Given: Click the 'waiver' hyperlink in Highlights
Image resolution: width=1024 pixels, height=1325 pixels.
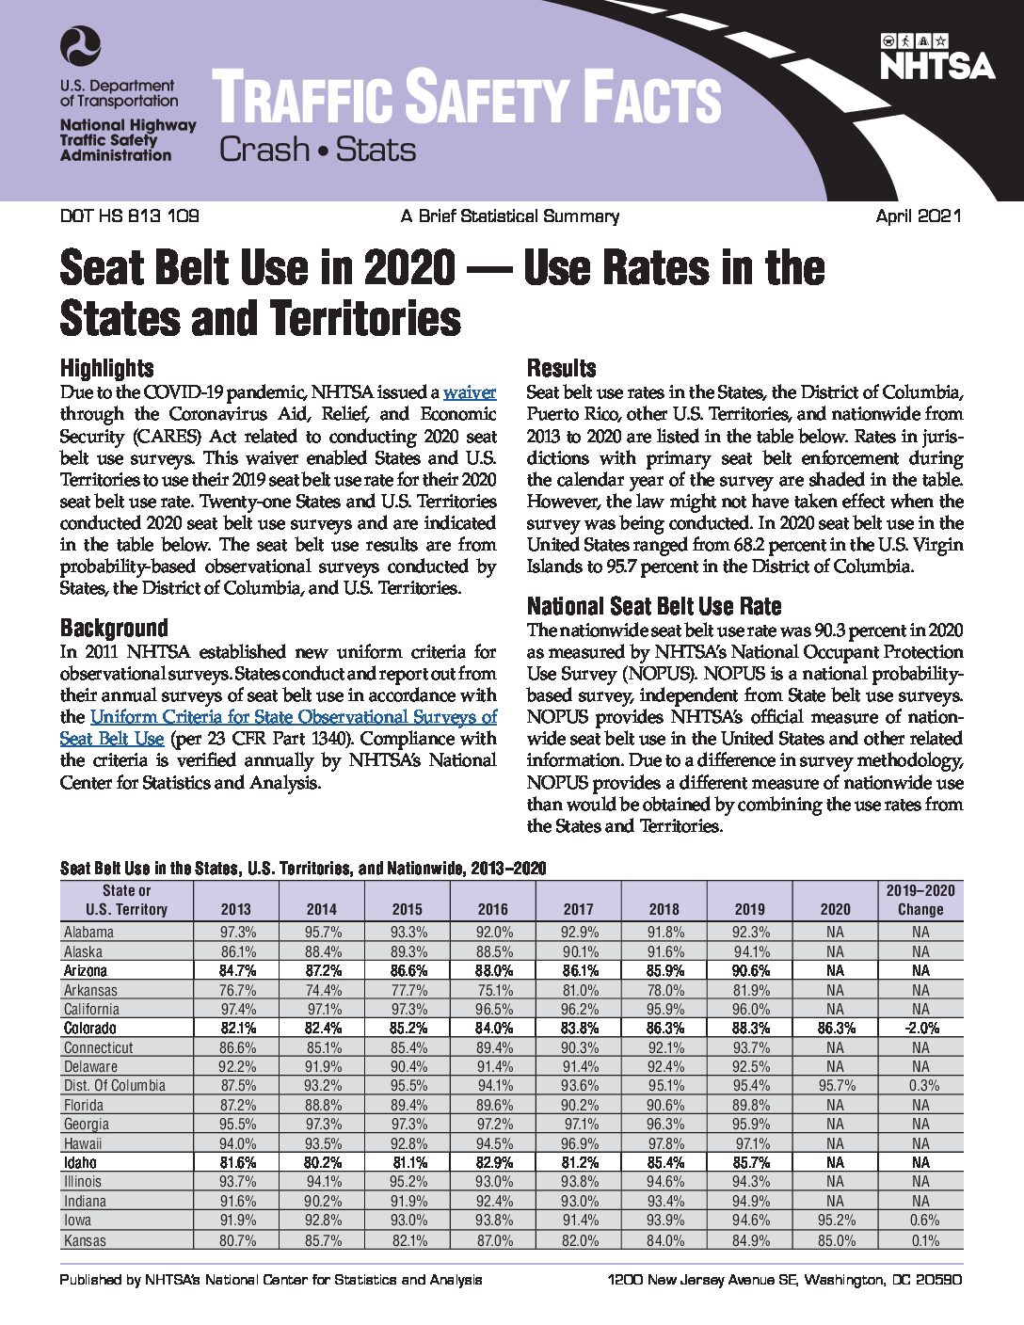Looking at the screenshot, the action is [x=470, y=392].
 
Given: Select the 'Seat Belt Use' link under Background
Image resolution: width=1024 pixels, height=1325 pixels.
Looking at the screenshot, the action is [x=112, y=739].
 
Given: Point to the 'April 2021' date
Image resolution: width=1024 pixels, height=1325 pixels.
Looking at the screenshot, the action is [x=919, y=216].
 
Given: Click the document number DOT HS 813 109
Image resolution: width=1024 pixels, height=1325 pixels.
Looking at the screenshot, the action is [x=129, y=216].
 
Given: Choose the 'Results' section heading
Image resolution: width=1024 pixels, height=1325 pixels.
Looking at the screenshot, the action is [x=561, y=368].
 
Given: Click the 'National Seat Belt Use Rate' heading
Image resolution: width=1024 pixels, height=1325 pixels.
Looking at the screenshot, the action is [x=654, y=606].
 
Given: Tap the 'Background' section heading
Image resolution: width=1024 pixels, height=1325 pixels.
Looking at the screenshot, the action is [x=114, y=628].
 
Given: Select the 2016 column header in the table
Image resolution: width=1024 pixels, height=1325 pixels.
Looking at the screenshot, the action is [x=493, y=909].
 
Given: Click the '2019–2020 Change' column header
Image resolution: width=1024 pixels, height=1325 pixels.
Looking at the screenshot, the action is [x=920, y=900].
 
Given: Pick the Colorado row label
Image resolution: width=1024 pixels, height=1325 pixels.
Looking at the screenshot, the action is [x=89, y=1028].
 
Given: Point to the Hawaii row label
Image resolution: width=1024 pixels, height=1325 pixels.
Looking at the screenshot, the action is [x=83, y=1143].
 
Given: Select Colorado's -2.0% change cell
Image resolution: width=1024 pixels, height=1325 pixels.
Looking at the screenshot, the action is [x=920, y=1028].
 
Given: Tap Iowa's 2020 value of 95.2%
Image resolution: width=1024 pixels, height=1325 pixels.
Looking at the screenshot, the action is [x=836, y=1221].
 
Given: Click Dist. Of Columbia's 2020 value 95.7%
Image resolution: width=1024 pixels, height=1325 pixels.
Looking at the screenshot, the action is [x=836, y=1085].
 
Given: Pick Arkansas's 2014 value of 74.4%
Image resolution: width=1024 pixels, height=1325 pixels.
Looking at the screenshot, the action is [x=323, y=990].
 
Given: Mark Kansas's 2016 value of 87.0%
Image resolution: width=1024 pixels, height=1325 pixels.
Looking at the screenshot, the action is [x=494, y=1240].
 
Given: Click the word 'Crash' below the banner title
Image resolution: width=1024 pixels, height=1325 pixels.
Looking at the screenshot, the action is [x=264, y=150].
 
